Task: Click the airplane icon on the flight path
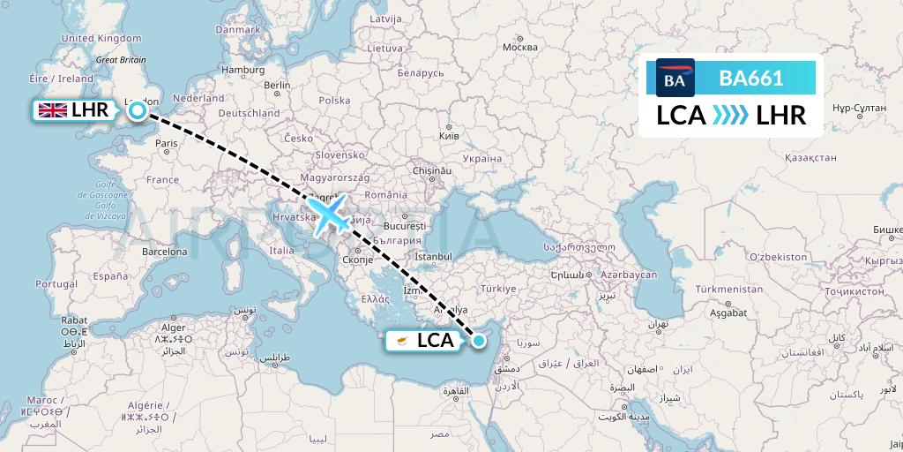tap(329, 215)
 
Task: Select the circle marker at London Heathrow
tap(138, 110)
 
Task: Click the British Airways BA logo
tap(675, 79)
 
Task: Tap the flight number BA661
tap(750, 79)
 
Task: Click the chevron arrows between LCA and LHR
tap(730, 116)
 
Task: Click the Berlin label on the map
tap(277, 85)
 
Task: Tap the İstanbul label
tap(433, 256)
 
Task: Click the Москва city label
tap(519, 48)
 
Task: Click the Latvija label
tap(385, 19)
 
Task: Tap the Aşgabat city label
tap(716, 313)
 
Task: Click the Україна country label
tap(481, 159)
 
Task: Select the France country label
tap(161, 179)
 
